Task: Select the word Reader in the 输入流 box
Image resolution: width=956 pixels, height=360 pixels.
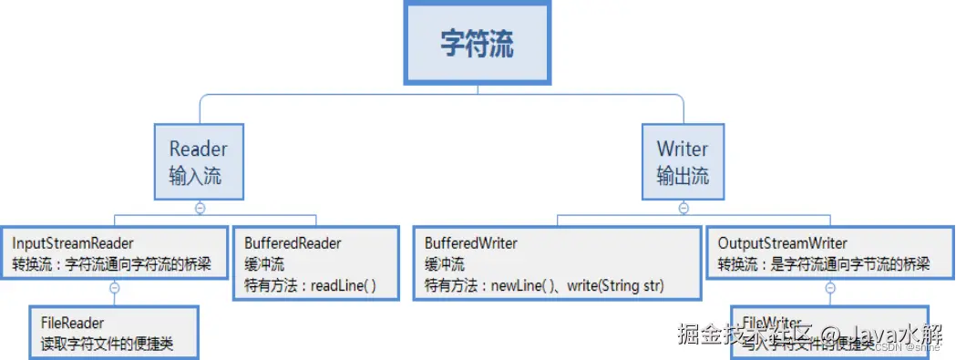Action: [199, 149]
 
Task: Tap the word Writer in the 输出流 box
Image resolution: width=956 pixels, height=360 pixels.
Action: [682, 149]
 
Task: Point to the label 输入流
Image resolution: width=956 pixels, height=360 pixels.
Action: [196, 175]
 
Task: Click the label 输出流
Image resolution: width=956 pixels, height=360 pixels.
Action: [683, 175]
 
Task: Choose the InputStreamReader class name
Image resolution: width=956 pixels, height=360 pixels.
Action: [73, 243]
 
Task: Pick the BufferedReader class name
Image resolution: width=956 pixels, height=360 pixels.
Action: [293, 243]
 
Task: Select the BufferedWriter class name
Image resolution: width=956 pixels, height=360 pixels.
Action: [471, 243]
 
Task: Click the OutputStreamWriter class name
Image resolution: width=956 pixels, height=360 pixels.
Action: [783, 243]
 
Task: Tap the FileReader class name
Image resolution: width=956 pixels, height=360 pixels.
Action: [72, 323]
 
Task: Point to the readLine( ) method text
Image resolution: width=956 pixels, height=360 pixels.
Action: [344, 285]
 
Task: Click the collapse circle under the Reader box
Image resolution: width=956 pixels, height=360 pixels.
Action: [200, 208]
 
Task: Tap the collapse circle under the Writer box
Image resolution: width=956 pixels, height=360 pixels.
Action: [684, 208]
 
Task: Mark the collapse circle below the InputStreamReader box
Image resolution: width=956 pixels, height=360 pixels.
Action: [115, 288]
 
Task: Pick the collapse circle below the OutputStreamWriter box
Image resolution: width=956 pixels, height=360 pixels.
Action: [830, 288]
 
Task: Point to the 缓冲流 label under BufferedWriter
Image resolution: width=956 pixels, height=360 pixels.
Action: [445, 264]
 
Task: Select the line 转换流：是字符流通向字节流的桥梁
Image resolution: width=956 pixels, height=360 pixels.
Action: [824, 264]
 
